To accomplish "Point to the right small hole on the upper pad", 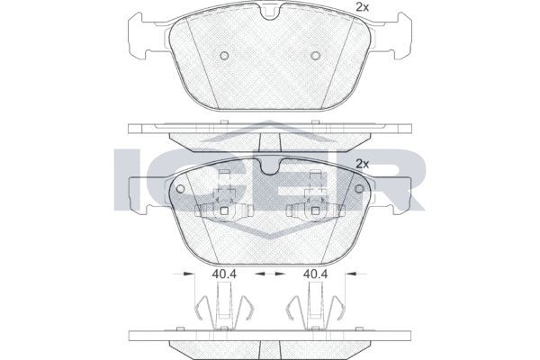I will [x=315, y=56].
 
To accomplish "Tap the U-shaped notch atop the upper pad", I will [x=268, y=13].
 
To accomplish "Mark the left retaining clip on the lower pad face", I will [x=222, y=207].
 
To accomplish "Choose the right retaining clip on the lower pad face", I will [x=315, y=207].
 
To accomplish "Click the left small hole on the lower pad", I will [x=180, y=189].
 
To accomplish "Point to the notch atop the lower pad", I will [x=268, y=166].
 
